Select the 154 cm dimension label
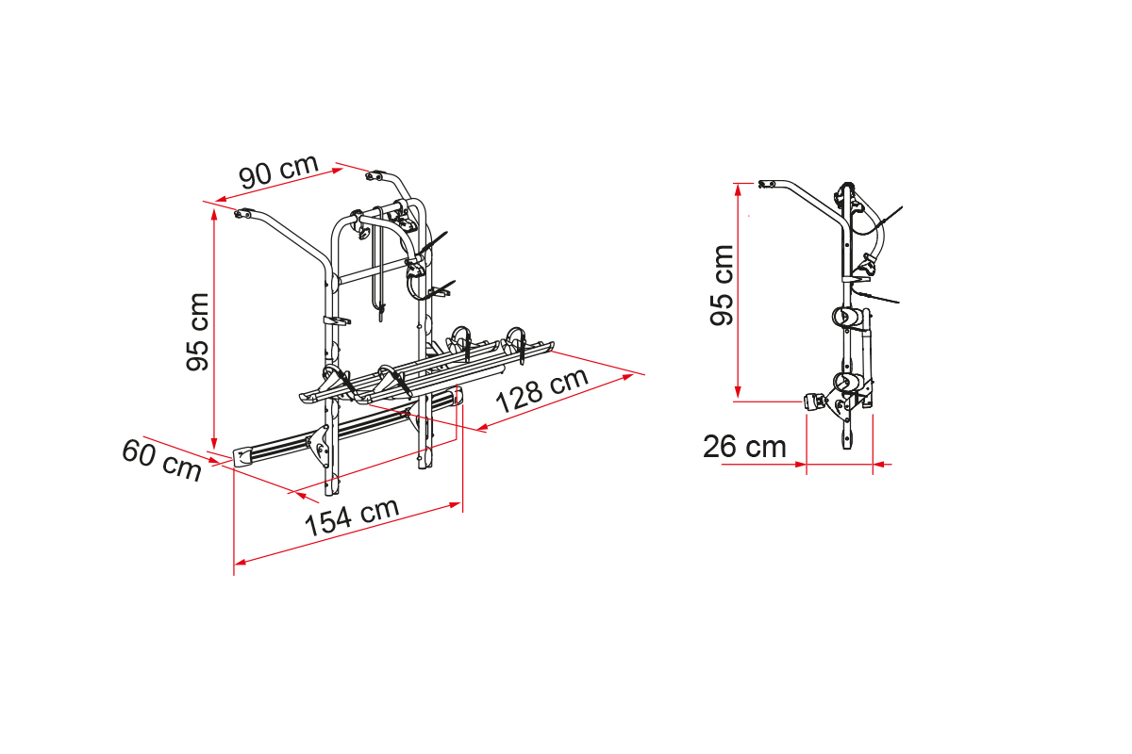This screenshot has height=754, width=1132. click(352, 516)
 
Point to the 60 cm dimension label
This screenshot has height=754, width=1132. click(161, 460)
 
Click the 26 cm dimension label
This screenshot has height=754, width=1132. click(744, 447)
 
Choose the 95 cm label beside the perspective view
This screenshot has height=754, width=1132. click(197, 332)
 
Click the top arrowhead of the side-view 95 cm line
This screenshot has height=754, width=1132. click(738, 188)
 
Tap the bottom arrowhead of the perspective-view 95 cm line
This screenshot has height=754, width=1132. click(214, 443)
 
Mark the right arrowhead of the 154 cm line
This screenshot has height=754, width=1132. click(456, 504)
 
